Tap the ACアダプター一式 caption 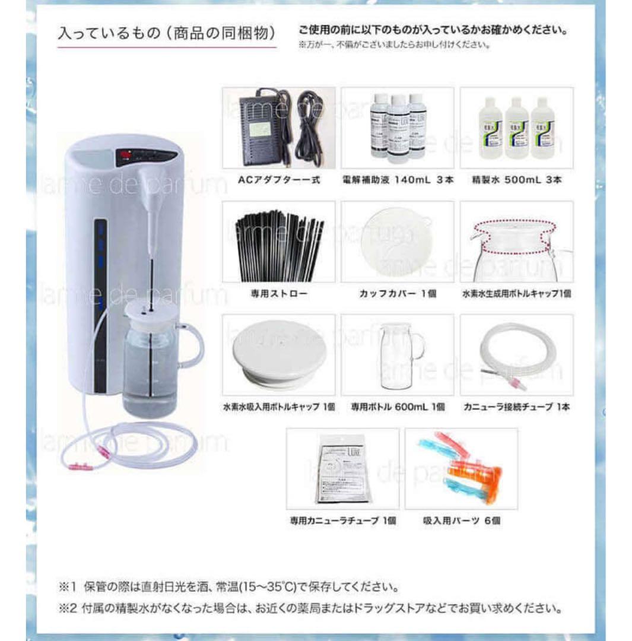tap(279, 180)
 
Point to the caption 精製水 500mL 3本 tap(516, 180)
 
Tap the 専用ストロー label tap(278, 294)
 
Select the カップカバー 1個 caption tap(398, 294)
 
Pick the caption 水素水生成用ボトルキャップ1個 tap(516, 294)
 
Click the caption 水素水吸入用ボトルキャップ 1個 tap(279, 408)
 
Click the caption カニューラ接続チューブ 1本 tap(516, 408)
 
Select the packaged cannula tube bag tap(342, 469)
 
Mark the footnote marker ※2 tap(64, 608)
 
